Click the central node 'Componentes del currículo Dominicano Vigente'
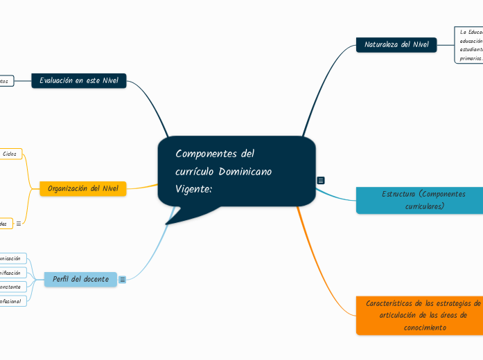[236, 171]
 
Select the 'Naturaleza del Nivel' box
[396, 45]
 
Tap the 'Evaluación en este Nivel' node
[79, 81]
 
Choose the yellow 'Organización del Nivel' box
[83, 188]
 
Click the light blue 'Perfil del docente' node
[80, 279]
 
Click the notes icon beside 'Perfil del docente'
[123, 280]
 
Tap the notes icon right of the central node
[321, 180]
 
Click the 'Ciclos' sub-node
[10, 153]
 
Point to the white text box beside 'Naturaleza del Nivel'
[469, 45]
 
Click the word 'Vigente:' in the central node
[193, 188]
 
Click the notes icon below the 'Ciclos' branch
[19, 224]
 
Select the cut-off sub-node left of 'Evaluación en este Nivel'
[6, 81]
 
